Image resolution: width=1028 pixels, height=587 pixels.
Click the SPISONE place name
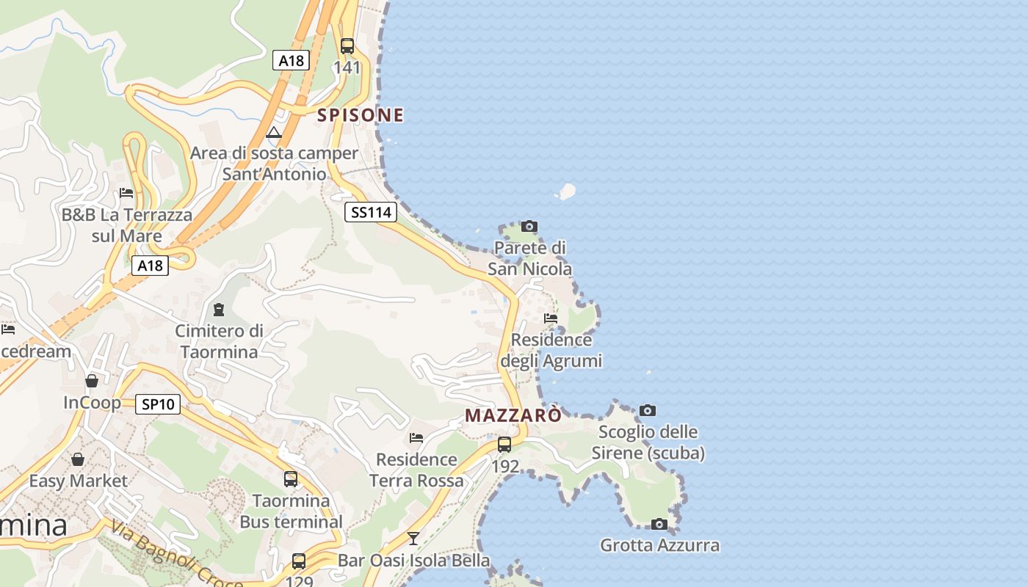tap(360, 114)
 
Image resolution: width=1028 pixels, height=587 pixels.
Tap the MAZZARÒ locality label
tap(513, 415)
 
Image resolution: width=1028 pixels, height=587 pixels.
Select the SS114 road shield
tap(371, 213)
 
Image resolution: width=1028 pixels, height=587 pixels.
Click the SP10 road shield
tap(158, 404)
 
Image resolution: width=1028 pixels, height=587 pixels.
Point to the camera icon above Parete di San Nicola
tap(529, 226)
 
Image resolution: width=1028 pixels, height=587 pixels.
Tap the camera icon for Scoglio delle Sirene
tap(647, 410)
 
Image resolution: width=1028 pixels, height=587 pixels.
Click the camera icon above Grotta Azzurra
tap(659, 524)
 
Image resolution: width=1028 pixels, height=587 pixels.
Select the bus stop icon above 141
tap(347, 46)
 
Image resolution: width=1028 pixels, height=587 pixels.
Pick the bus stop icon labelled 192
tap(504, 444)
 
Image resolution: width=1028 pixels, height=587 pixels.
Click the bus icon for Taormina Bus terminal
tap(291, 479)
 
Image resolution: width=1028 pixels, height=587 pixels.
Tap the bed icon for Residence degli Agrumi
tap(551, 318)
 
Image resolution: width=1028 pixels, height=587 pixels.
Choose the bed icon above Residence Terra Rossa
tap(416, 438)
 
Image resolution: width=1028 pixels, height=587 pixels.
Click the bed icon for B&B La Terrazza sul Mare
tap(126, 193)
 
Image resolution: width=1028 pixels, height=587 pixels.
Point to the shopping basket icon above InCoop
tap(92, 381)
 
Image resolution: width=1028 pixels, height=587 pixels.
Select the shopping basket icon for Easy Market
tap(78, 459)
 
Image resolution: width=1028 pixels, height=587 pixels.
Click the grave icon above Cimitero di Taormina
tap(218, 310)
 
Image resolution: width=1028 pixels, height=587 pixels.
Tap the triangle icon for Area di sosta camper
tap(274, 133)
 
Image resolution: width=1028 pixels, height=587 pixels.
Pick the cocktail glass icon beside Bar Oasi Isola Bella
tap(413, 539)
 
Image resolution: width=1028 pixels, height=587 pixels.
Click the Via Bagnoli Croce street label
tap(177, 555)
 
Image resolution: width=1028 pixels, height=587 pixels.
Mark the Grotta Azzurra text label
tap(659, 545)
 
